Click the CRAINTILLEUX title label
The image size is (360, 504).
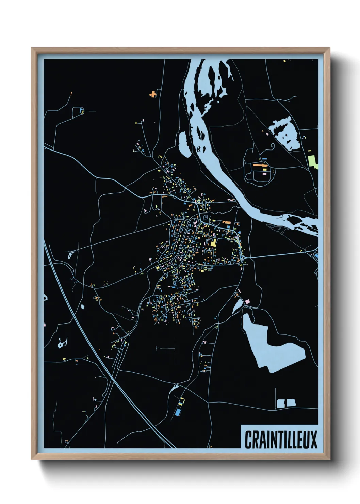[x=281, y=439]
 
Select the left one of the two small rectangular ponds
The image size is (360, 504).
[x=281, y=404]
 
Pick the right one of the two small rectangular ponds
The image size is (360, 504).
[x=291, y=403]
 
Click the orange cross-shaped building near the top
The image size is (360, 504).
[x=153, y=94]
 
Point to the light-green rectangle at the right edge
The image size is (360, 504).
[x=312, y=161]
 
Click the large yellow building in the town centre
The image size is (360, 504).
[x=214, y=242]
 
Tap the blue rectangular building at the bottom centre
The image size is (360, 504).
[x=177, y=412]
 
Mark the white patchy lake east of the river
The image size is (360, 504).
[x=285, y=133]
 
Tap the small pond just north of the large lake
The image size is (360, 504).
[x=238, y=306]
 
